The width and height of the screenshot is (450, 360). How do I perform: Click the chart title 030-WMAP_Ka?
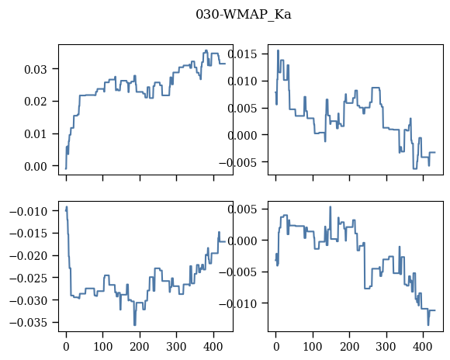244,15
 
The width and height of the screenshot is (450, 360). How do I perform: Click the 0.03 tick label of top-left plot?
35,69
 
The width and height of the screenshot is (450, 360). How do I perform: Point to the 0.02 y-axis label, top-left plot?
35,102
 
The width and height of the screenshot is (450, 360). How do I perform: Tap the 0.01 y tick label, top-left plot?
35,134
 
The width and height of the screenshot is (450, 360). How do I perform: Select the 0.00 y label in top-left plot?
35,167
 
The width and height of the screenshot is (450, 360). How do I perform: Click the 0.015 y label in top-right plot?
243,54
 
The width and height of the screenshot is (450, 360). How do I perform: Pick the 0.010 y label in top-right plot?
243,81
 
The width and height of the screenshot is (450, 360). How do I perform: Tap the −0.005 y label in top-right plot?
238,162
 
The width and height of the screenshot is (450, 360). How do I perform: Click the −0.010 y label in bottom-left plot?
29,211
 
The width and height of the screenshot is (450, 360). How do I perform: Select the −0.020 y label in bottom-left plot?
29,256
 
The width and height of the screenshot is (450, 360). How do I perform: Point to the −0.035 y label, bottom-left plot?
29,323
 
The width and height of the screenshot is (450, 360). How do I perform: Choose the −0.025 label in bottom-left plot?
29,279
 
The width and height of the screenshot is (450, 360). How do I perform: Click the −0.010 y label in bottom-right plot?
238,303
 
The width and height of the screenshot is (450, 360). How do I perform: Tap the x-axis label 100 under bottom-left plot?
102,347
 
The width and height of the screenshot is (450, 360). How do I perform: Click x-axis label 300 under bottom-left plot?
176,347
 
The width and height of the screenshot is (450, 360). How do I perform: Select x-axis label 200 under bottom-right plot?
350,347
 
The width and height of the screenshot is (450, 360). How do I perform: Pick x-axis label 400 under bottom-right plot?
423,347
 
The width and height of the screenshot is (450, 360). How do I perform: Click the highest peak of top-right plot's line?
278,50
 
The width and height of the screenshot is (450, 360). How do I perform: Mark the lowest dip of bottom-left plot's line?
134,325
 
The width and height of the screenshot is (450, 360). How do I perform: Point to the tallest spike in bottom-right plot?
331,206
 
